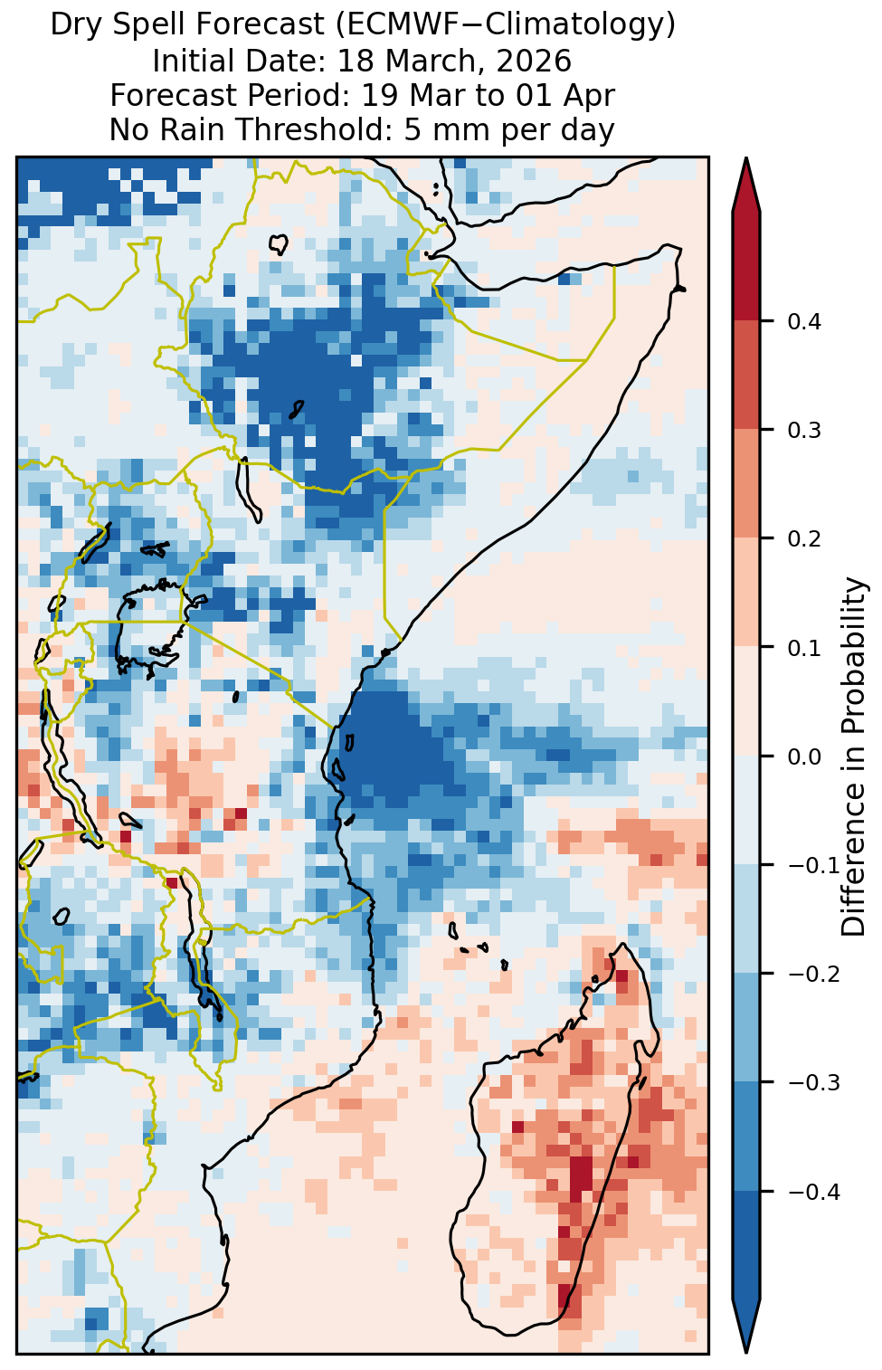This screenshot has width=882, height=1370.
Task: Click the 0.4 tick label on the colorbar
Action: tap(803, 321)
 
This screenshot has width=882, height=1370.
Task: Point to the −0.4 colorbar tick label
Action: tap(813, 1192)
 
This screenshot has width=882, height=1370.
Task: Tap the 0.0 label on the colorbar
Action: tap(803, 756)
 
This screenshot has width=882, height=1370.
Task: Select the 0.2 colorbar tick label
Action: tap(803, 538)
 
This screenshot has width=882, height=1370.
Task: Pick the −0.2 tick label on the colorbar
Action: tap(813, 975)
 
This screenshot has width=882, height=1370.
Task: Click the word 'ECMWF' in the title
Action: tap(404, 25)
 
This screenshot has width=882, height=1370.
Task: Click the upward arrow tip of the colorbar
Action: tap(746, 157)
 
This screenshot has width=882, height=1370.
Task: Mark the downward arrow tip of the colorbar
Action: tap(746, 1352)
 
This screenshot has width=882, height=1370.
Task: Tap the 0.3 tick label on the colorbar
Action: tap(803, 430)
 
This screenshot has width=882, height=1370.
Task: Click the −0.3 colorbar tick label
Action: tap(813, 1083)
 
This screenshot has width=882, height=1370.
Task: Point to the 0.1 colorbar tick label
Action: tap(803, 648)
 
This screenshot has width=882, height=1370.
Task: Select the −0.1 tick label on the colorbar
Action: tap(813, 865)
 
